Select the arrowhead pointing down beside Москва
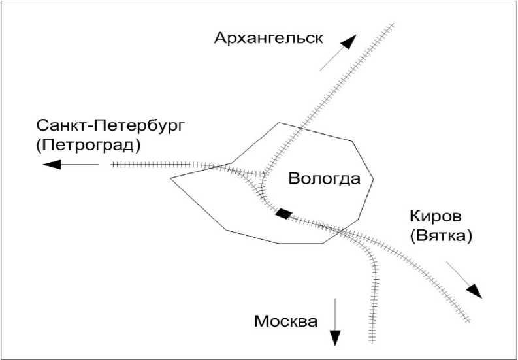click(335, 336)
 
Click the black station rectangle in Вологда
click(283, 214)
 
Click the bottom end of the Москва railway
click(372, 342)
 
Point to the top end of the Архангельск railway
click(393, 25)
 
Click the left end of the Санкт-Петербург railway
click(112, 164)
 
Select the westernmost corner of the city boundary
click(170, 178)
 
